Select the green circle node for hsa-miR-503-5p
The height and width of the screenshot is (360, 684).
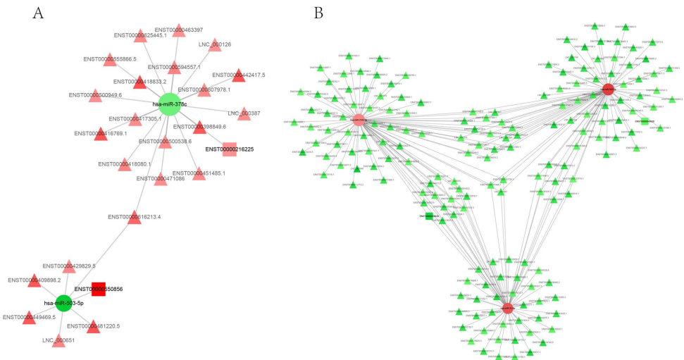tap(63, 303)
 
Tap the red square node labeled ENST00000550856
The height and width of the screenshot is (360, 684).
tap(99, 289)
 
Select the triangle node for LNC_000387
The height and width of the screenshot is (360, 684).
tap(244, 114)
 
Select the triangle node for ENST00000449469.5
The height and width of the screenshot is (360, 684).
tap(29, 318)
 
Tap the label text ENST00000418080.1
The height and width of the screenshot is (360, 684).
tap(125, 164)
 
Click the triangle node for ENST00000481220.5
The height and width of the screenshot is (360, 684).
tap(93, 326)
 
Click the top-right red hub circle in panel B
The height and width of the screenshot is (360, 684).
tap(608, 89)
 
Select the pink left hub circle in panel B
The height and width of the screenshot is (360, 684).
tap(358, 120)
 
